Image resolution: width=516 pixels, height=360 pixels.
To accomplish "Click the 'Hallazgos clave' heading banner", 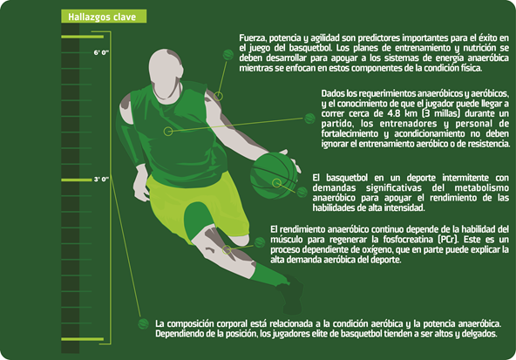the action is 104,17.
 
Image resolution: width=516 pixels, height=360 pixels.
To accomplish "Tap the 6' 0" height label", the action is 101,52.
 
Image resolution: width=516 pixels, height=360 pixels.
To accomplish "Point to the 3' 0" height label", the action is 101,180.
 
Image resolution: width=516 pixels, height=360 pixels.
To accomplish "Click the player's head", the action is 166,73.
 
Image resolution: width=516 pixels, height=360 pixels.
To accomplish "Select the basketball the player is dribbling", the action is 274,176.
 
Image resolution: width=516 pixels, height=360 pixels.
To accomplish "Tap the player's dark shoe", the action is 291,295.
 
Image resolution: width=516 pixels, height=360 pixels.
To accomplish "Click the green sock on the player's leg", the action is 270,274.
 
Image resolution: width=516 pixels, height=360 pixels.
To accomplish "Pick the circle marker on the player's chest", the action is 168,132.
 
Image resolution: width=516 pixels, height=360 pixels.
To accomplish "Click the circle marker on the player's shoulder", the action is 218,96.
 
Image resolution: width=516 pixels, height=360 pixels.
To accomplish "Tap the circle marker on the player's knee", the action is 227,249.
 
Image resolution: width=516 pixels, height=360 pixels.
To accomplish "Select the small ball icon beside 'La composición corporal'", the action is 144,323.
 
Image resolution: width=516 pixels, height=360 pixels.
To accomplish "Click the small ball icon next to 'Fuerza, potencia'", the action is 228,55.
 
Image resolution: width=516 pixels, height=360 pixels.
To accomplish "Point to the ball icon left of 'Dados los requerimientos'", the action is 309,119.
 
